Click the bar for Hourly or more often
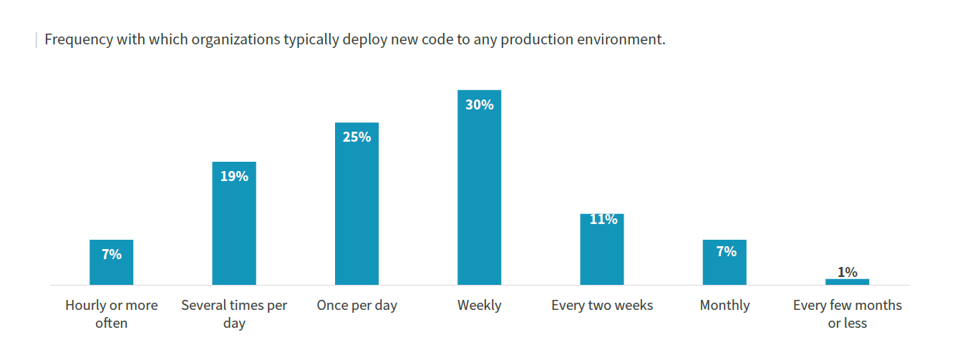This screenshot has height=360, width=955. click(x=111, y=268)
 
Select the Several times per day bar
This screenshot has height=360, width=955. click(x=234, y=229)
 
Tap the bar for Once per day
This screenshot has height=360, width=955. click(x=357, y=211)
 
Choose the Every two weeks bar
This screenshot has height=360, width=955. click(x=602, y=254)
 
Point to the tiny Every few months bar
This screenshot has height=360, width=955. click(x=847, y=282)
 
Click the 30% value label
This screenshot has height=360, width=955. click(x=479, y=104)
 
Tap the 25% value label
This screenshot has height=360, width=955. click(x=357, y=137)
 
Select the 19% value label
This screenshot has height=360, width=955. click(x=234, y=176)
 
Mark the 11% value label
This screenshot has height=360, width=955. click(x=603, y=219)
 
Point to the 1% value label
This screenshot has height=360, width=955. click(x=847, y=271)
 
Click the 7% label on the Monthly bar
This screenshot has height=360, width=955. click(x=725, y=251)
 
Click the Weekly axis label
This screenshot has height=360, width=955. click(x=479, y=306)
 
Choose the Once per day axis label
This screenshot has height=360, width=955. click(x=357, y=306)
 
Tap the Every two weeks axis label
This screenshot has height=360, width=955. click(x=602, y=306)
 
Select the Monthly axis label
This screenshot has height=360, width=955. click(x=724, y=306)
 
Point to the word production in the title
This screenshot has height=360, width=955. click(x=535, y=39)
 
